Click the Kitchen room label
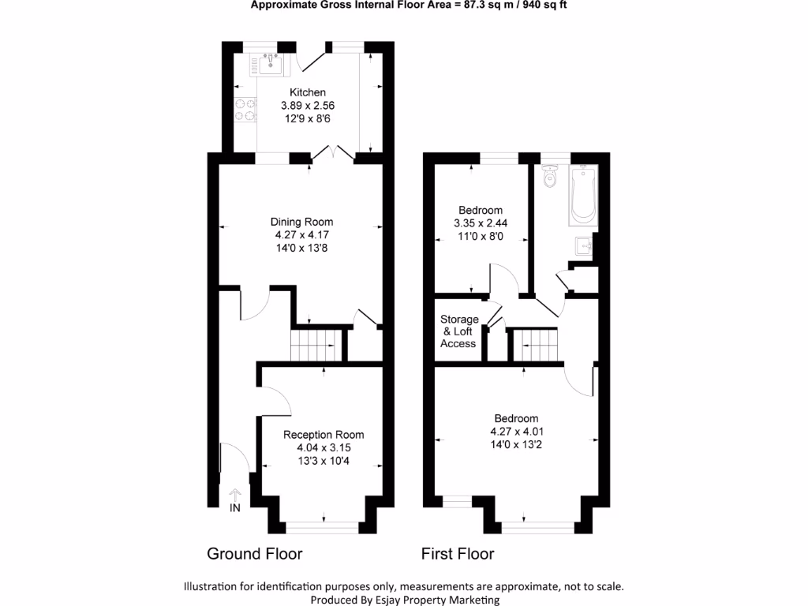tap(307, 92)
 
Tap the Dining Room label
tap(301, 222)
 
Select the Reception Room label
tap(324, 435)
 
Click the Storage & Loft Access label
tap(459, 331)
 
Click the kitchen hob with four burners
tap(246, 110)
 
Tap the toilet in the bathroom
tap(551, 178)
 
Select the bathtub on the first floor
tap(585, 194)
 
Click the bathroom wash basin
tap(585, 245)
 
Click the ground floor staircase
tap(315, 346)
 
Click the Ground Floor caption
tap(254, 554)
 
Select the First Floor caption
tap(458, 554)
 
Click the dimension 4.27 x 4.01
tap(516, 432)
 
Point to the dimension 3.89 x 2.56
tap(307, 105)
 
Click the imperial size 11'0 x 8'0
tap(480, 236)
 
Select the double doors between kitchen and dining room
tap(332, 154)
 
